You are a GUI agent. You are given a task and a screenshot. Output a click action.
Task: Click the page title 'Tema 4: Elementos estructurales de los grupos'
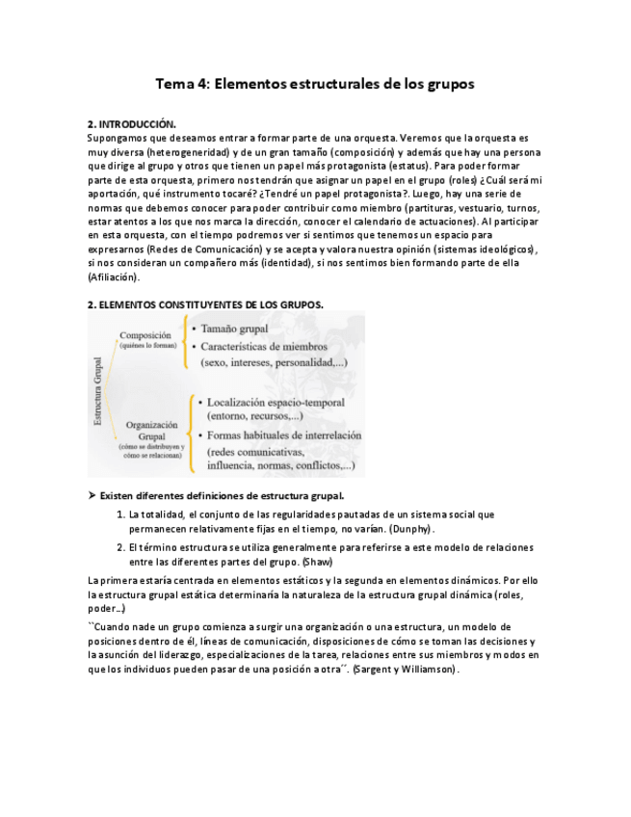pos(315,85)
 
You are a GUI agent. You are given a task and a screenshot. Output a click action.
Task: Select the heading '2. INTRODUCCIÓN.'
pos(132,125)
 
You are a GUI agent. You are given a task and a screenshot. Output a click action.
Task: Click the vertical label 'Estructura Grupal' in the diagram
pos(97,390)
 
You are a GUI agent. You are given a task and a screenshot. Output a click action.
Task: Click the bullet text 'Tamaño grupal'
pos(234,329)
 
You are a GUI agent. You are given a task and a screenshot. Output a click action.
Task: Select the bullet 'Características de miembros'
pos(263,346)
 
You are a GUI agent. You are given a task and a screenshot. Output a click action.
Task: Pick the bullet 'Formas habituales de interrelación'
pos(283,435)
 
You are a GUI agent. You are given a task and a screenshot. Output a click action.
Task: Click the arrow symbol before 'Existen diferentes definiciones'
pos(92,495)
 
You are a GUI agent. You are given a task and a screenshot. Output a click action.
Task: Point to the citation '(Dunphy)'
pos(410,529)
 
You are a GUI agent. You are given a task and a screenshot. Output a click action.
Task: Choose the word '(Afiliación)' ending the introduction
pos(113,277)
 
